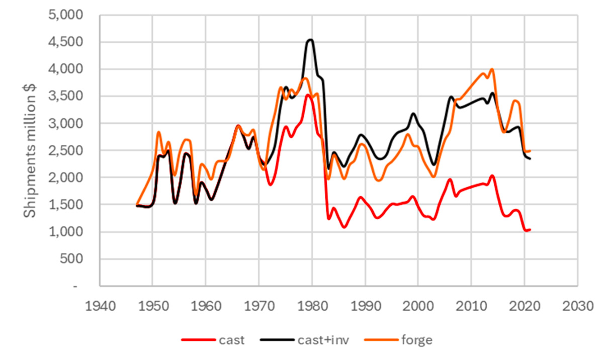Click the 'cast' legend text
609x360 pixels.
pyautogui.click(x=232, y=340)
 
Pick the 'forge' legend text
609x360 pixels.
pyautogui.click(x=417, y=340)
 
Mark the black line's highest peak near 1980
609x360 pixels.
pyautogui.click(x=311, y=40)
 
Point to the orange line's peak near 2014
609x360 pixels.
pyautogui.click(x=492, y=69)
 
